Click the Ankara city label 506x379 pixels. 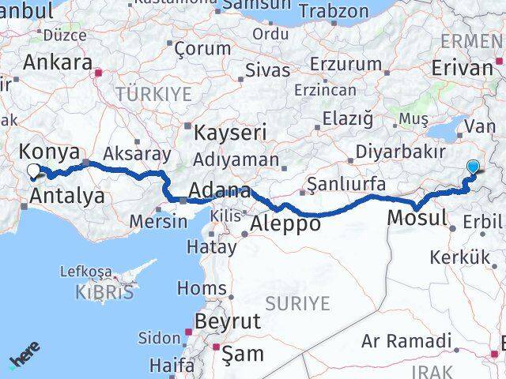pyautogui.click(x=58, y=63)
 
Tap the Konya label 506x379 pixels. pyautogui.click(x=48, y=152)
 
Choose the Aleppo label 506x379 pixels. pyautogui.click(x=285, y=224)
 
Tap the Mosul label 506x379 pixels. pyautogui.click(x=418, y=217)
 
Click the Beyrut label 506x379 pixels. pyautogui.click(x=227, y=321)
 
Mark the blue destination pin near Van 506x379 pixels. pyautogui.click(x=473, y=167)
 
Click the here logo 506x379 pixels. pyautogui.click(x=25, y=356)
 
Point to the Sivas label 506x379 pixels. pyautogui.click(x=268, y=69)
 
